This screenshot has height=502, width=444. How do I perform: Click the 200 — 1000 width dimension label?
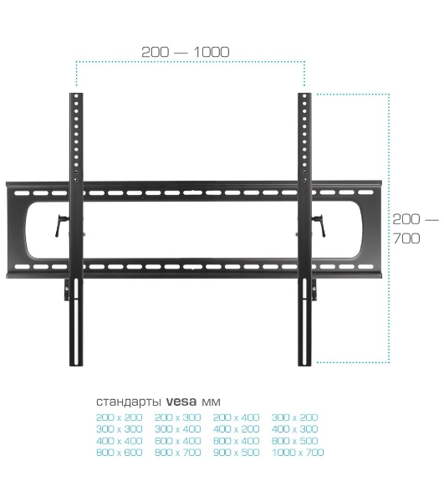click(186, 52)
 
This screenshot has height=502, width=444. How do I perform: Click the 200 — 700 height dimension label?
click(416, 229)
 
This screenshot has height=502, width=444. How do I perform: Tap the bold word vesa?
click(181, 401)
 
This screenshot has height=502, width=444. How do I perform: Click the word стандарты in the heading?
click(129, 402)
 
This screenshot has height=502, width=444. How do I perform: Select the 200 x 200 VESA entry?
click(120, 417)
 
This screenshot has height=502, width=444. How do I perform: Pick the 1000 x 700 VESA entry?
click(298, 453)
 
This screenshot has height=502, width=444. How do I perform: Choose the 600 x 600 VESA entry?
click(120, 453)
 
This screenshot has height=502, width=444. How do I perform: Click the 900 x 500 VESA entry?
click(237, 453)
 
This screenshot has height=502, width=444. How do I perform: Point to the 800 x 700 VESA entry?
click(178, 453)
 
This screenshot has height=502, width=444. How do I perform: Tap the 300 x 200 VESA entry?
click(295, 417)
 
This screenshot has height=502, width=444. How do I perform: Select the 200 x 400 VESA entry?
click(237, 417)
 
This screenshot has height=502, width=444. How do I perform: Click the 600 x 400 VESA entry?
click(178, 441)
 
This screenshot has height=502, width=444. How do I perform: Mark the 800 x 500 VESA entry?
click(295, 441)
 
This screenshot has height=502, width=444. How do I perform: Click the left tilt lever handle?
click(60, 225)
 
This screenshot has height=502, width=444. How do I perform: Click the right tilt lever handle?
click(319, 225)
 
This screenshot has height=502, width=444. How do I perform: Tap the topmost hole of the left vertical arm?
click(76, 96)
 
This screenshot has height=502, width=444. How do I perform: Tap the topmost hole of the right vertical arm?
click(304, 96)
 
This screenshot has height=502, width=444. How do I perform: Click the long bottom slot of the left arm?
click(77, 321)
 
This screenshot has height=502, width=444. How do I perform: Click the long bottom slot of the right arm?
click(304, 321)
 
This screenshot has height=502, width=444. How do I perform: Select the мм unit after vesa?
click(211, 402)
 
